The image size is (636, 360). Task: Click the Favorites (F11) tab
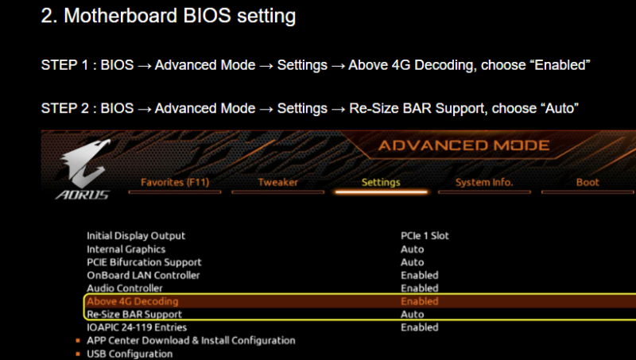175,183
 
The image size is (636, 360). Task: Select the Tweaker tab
277,183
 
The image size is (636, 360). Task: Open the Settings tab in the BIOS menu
381,183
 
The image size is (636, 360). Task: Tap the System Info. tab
484,183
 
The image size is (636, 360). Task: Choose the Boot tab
588,183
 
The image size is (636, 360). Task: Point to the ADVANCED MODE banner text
463,145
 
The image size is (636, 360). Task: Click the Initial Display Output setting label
136,236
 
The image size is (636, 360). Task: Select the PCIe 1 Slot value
425,236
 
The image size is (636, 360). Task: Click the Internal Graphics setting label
126,250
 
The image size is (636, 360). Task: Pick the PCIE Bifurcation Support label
144,262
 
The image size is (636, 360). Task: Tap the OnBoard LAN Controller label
143,275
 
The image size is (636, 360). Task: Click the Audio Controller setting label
125,288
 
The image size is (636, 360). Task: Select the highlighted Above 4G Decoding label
133,301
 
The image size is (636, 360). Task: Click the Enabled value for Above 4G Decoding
420,301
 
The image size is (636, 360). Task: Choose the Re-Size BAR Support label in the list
134,314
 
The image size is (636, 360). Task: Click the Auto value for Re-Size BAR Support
412,314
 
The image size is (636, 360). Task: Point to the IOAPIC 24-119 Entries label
137,327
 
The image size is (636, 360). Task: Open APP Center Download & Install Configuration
191,341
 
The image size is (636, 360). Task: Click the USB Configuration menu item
130,354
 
